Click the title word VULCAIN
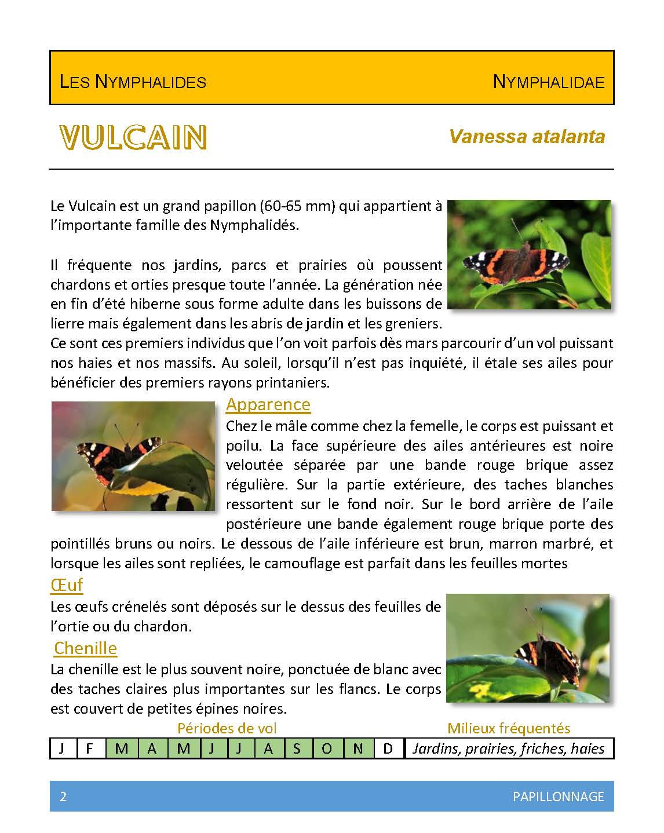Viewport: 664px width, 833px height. [x=133, y=137]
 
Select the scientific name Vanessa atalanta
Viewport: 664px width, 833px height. [x=527, y=137]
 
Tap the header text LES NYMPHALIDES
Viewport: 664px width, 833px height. [x=133, y=82]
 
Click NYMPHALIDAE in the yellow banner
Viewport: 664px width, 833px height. [x=548, y=82]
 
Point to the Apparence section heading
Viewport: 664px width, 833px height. [x=268, y=404]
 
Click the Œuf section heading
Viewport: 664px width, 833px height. [x=67, y=585]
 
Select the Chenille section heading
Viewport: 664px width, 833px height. [x=85, y=648]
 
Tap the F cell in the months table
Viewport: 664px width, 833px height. [x=90, y=748]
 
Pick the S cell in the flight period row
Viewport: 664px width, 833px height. [x=297, y=748]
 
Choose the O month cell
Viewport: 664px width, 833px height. [x=327, y=748]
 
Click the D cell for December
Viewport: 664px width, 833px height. [x=388, y=748]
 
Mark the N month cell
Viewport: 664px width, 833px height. [x=358, y=748]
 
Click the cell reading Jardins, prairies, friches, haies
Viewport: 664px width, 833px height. [x=508, y=748]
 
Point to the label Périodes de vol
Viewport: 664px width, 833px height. [x=227, y=728]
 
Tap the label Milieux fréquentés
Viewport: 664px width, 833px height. [x=508, y=728]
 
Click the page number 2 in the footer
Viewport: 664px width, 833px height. [x=63, y=797]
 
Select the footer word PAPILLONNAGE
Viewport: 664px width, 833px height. [x=558, y=797]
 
